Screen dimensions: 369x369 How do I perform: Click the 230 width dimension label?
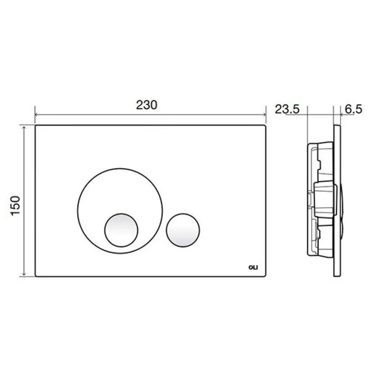(146, 105)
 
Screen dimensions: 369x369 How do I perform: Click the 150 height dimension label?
(16, 205)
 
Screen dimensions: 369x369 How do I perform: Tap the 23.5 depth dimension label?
(287, 109)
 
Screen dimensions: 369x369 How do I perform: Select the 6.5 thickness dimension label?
(353, 109)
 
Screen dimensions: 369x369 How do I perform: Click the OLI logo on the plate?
(253, 268)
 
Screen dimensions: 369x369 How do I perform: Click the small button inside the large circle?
(121, 230)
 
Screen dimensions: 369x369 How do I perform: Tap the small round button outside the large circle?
(183, 230)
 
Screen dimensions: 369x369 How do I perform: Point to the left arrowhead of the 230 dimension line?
(36, 115)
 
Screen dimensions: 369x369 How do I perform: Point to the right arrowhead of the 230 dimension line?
(264, 115)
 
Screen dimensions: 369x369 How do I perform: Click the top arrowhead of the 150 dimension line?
(24, 128)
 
